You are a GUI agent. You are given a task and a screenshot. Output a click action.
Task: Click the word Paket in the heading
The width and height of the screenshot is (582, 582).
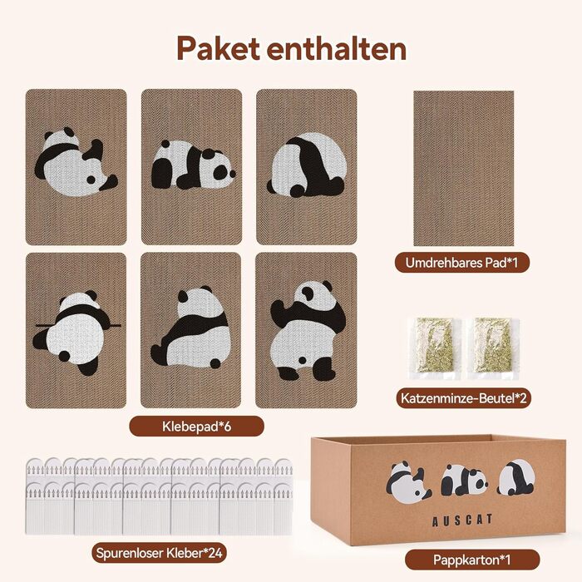point(218,48)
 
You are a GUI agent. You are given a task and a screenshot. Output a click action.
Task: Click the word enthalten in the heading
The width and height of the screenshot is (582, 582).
point(337,48)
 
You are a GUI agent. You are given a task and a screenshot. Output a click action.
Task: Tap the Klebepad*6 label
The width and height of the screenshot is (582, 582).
point(197,427)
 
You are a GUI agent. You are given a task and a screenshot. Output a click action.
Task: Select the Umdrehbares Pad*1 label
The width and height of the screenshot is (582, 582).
point(461,263)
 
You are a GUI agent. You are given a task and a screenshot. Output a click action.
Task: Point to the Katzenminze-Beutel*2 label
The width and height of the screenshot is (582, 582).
point(464,398)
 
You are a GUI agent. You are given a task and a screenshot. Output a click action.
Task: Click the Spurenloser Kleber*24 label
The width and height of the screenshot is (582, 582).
point(160,553)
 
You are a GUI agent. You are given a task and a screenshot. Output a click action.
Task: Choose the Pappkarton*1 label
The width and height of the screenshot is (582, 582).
point(472,560)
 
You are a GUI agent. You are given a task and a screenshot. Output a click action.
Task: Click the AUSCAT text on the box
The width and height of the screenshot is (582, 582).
point(462,520)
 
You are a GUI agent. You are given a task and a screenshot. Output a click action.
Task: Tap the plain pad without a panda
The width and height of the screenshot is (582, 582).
point(464,168)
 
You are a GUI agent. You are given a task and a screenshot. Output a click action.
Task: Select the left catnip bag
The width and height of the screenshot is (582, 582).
point(434,348)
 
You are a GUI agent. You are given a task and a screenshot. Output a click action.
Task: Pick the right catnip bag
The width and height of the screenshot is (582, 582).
point(494,348)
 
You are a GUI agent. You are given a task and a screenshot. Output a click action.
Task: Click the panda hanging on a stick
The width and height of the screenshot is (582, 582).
point(76,331)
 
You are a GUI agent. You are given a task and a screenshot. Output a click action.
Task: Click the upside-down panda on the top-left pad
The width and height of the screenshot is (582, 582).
point(76,162)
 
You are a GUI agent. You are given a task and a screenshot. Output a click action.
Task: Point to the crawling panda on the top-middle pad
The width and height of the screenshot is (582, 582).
point(193,165)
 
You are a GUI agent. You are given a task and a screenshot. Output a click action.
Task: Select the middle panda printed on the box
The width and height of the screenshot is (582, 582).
point(464,481)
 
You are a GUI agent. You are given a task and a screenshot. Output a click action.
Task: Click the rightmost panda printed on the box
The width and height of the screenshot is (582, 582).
point(516,478)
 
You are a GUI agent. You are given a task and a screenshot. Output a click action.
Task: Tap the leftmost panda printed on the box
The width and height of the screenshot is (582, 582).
point(408,482)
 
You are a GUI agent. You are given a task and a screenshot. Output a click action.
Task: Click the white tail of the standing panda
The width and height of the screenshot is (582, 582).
point(303,360)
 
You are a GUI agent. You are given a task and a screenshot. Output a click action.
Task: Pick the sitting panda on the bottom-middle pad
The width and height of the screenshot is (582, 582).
point(190,327)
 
